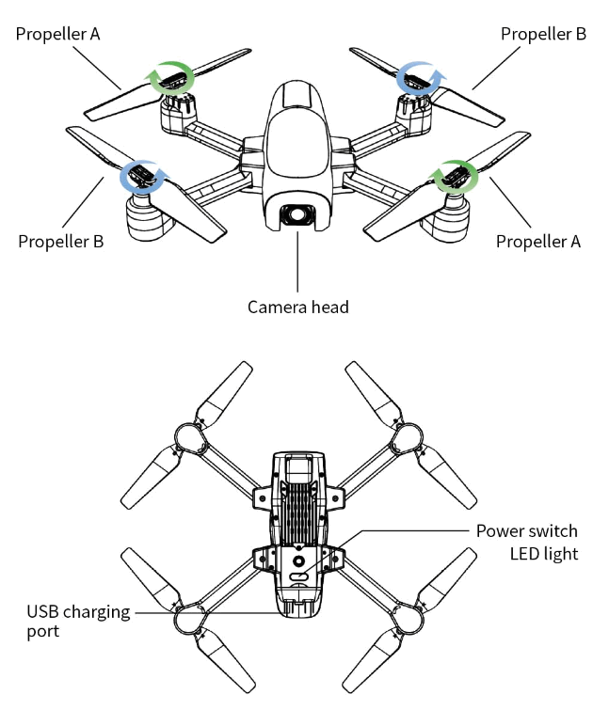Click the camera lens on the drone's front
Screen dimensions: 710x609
(x=298, y=214)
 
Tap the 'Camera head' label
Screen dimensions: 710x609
(x=298, y=307)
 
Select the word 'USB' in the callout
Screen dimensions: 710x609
(x=43, y=612)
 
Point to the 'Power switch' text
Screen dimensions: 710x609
(x=526, y=531)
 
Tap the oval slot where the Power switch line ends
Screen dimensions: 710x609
(x=299, y=576)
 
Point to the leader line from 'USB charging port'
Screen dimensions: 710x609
(x=207, y=612)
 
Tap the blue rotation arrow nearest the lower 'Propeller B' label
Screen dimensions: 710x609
(x=142, y=175)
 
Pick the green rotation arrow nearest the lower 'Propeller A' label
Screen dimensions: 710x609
(x=455, y=176)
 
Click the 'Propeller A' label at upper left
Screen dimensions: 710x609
(x=58, y=34)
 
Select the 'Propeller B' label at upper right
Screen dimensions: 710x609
(x=543, y=34)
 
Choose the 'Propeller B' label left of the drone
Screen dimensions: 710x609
(x=60, y=242)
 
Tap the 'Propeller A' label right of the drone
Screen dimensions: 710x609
(x=538, y=242)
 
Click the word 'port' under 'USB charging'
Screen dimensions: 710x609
(x=43, y=632)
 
